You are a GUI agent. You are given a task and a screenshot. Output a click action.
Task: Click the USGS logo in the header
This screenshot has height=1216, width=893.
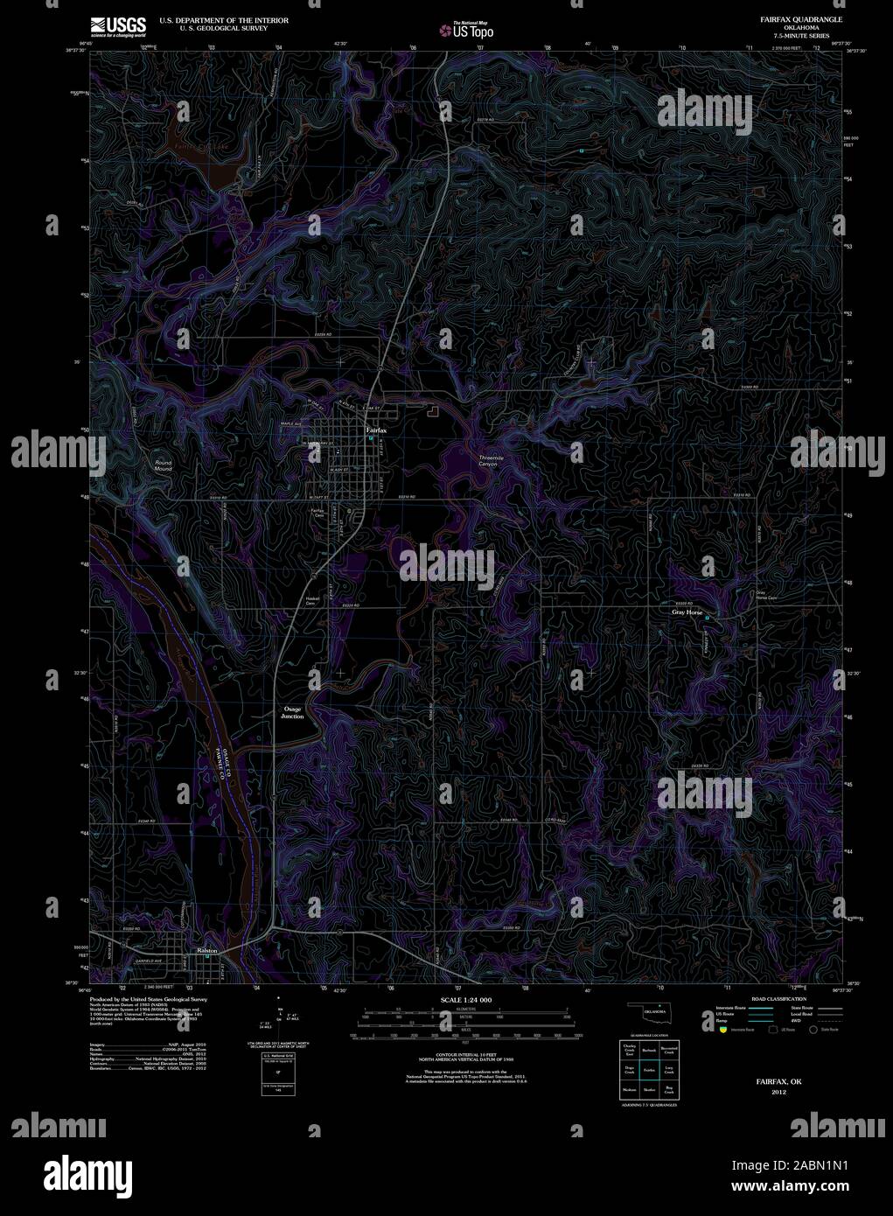(x=118, y=25)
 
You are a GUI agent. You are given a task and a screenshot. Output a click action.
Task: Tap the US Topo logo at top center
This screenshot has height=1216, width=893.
(x=472, y=31)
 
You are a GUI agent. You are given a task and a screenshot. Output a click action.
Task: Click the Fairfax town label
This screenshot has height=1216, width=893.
(x=375, y=431)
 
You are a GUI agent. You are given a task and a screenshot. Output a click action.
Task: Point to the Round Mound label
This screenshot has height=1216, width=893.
(x=164, y=465)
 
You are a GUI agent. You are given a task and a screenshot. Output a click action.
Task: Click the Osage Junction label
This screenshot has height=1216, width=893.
(x=292, y=712)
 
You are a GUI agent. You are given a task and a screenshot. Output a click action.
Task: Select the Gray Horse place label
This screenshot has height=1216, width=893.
(x=687, y=613)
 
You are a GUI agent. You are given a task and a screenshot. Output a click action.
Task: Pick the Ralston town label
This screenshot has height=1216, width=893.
(x=207, y=950)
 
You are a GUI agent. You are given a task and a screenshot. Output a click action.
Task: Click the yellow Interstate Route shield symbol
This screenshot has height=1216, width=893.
(x=722, y=1030)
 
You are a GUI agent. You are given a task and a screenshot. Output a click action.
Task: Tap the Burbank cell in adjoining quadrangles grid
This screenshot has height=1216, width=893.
(x=648, y=1049)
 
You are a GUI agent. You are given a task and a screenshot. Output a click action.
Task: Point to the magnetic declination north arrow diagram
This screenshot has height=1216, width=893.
(x=279, y=1015)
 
